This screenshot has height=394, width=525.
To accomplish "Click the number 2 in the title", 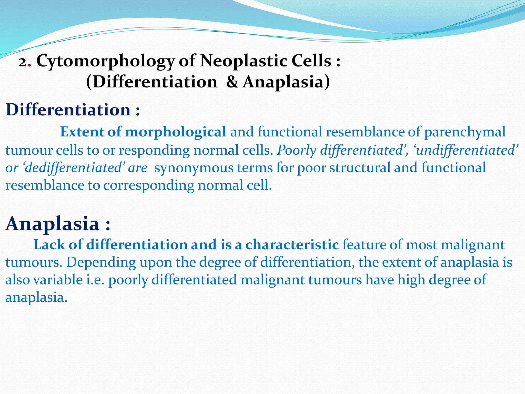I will coord(23,63).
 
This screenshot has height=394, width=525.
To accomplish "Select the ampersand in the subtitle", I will coord(232,82).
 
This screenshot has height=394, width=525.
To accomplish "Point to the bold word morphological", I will coord(176,132).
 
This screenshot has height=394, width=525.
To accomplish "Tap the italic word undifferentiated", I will coord(465,150).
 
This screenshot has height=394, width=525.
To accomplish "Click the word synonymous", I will coord(194,168).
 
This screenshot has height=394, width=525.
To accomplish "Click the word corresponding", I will coord(149,185).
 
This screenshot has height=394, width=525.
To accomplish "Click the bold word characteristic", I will coord(292,244).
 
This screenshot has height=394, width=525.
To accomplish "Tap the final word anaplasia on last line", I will coord(36,298).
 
